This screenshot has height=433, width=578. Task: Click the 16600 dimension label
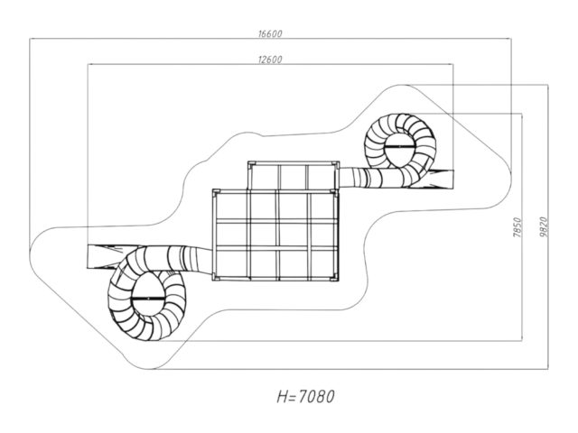click(x=270, y=34)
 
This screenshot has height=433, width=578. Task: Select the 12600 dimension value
click(x=270, y=60)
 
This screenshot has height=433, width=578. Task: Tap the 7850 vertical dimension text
click(x=517, y=227)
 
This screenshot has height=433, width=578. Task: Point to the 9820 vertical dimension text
click(x=544, y=227)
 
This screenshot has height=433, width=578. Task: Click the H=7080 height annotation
click(x=305, y=397)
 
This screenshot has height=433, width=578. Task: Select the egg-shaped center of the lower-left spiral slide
click(x=147, y=294)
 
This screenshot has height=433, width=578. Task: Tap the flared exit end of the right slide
click(x=440, y=179)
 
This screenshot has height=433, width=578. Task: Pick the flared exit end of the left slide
click(x=102, y=256)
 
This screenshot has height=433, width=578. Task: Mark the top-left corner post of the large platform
click(x=216, y=192)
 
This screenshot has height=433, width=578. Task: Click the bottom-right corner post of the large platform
click(x=334, y=277)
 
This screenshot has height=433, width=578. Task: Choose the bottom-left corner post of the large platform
click(x=216, y=277)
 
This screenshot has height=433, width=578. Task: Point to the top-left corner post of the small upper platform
click(x=251, y=164)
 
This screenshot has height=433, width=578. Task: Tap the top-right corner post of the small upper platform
click(x=335, y=164)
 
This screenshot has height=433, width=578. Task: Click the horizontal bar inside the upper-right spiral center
click(x=400, y=146)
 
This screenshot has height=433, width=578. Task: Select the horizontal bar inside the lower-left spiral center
click(x=147, y=298)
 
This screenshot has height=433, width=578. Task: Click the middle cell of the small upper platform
click(x=293, y=177)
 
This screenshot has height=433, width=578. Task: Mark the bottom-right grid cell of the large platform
click(x=323, y=263)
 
